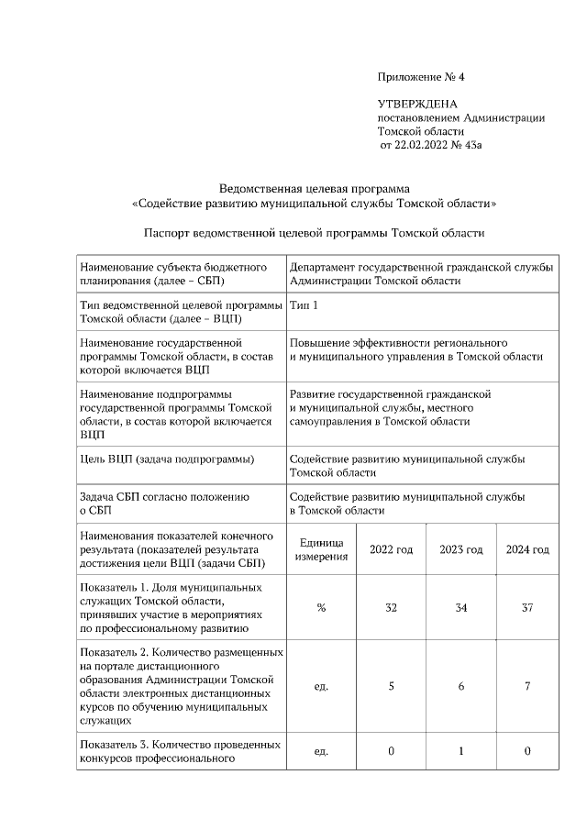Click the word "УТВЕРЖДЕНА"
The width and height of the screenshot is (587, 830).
[x=417, y=105]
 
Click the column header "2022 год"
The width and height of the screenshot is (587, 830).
[x=391, y=549]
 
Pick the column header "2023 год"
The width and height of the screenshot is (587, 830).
[x=460, y=549]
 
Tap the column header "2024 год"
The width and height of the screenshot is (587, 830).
[x=527, y=549]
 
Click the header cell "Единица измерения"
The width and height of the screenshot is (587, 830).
[x=320, y=549]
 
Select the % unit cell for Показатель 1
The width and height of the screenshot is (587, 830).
[x=320, y=608]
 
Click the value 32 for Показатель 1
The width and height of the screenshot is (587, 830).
[x=391, y=608]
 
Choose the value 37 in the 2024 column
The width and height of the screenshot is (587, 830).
[x=527, y=608]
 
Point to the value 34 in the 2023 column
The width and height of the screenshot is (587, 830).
[x=460, y=608]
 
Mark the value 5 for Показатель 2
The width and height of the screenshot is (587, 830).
[x=391, y=686]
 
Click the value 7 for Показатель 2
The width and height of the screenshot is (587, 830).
[x=527, y=686]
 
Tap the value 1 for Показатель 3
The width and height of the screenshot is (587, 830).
[x=460, y=751]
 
